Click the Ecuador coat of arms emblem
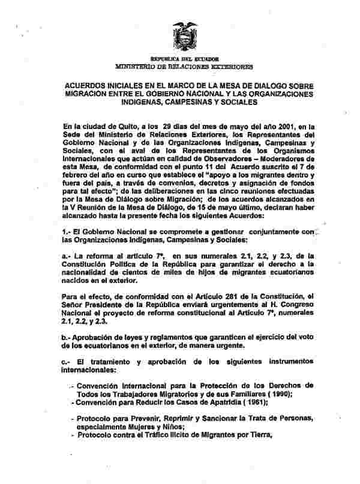[184, 37]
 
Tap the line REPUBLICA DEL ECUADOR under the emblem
[184, 59]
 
